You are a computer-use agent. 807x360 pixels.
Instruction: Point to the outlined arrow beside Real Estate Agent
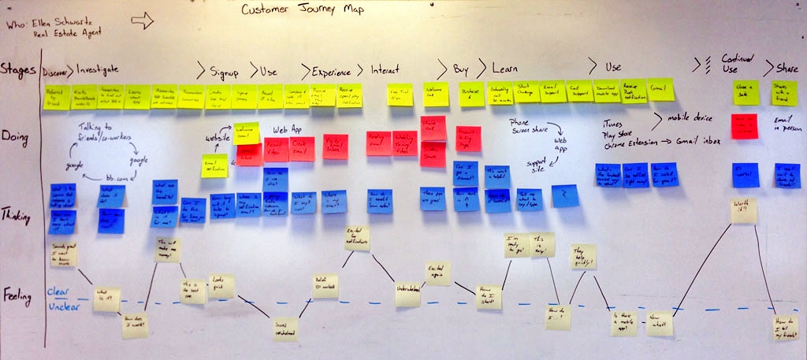click(142, 21)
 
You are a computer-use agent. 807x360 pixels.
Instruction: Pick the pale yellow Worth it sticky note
click(743, 210)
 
